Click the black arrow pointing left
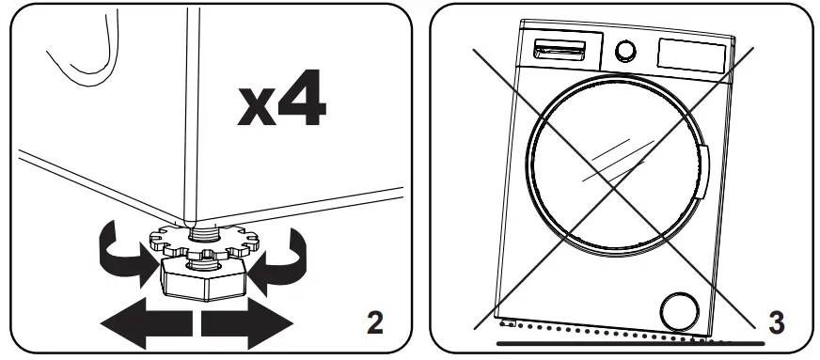tap(147, 325)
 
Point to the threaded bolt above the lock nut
tap(203, 229)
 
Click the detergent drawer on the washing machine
tap(556, 50)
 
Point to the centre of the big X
tap(614, 187)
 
